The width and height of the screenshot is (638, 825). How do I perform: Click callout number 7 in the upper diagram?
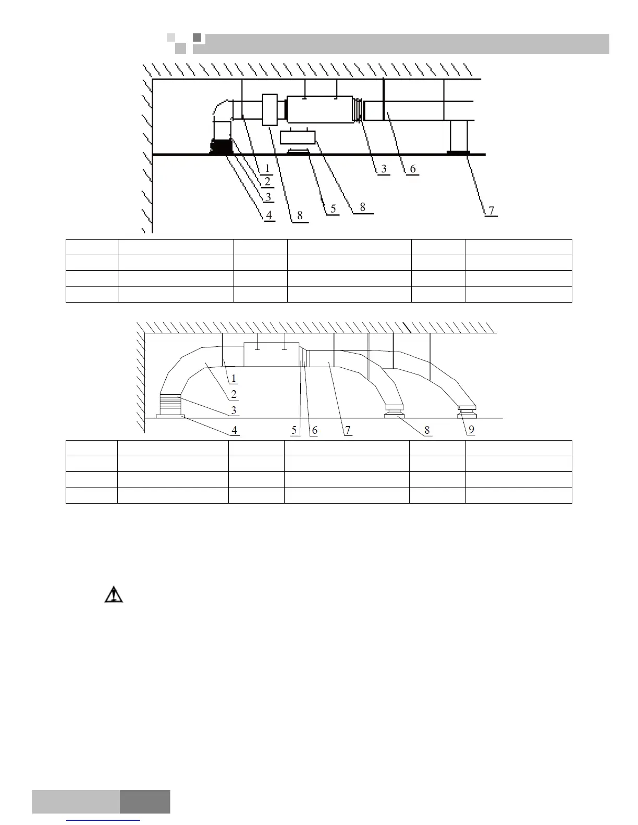(490, 211)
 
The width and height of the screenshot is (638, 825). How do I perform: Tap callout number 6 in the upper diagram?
(412, 169)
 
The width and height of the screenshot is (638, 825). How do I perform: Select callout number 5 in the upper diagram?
(332, 209)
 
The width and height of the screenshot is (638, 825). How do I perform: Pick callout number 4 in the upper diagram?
(269, 216)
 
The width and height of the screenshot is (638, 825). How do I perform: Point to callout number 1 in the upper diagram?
(266, 168)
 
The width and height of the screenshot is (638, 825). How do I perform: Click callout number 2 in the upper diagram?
(267, 181)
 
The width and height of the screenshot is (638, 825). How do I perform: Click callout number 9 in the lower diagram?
(471, 430)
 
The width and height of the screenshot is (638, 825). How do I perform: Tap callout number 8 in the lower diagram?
(427, 430)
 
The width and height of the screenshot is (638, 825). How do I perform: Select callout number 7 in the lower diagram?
(348, 430)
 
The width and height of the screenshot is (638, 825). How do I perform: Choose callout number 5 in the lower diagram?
(295, 430)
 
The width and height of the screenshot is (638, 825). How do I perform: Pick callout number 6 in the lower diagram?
(314, 430)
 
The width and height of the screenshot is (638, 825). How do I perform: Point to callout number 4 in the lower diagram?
(235, 430)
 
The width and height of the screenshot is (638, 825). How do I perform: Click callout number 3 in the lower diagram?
(234, 410)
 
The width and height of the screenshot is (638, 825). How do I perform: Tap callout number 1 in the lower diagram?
(234, 379)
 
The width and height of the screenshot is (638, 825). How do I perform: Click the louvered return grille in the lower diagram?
(170, 404)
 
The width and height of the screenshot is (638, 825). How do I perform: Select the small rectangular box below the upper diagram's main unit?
(298, 137)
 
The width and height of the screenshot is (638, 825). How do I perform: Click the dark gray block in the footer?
(145, 802)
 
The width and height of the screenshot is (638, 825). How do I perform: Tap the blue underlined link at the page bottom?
(104, 821)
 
